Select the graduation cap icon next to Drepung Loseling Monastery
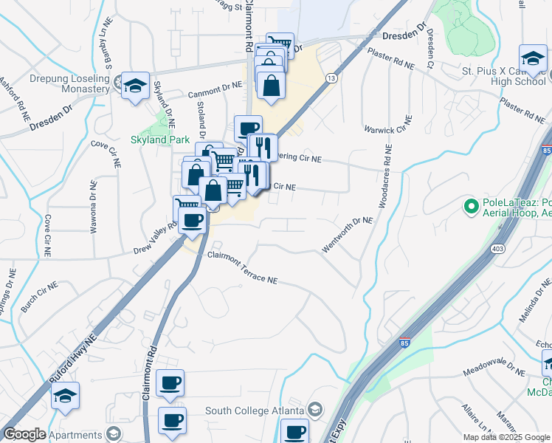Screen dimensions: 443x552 136,86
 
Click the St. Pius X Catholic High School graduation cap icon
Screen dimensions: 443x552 533,58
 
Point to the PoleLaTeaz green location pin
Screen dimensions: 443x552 469,205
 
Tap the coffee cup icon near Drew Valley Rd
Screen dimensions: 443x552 193,219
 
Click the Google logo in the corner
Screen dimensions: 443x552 24,434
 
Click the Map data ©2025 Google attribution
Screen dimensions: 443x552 506,437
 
